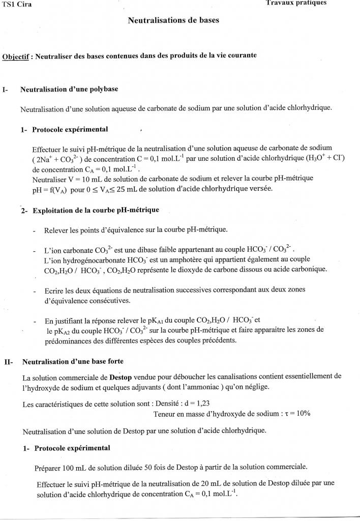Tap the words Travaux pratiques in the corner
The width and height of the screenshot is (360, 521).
pos(296,3)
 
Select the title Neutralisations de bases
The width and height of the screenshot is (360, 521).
pos(174,21)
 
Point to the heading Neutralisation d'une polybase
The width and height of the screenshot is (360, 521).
pos(69,89)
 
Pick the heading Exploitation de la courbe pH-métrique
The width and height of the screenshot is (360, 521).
pos(96,210)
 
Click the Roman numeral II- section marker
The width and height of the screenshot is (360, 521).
pos(9,362)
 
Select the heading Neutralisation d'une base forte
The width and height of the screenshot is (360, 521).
pos(73,362)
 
